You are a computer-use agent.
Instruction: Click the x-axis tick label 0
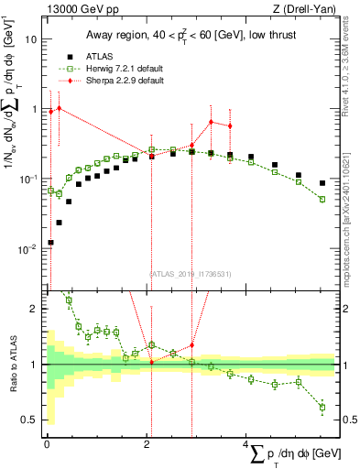pyautogui.click(x=46, y=445)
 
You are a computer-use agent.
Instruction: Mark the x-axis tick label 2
pyautogui.click(x=146, y=445)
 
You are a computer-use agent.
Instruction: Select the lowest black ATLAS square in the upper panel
pyautogui.click(x=50, y=243)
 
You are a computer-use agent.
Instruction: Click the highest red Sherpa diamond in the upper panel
pyautogui.click(x=60, y=108)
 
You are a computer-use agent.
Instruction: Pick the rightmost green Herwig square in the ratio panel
pyautogui.click(x=322, y=407)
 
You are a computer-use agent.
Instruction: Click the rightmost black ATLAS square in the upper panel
pyautogui.click(x=322, y=183)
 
